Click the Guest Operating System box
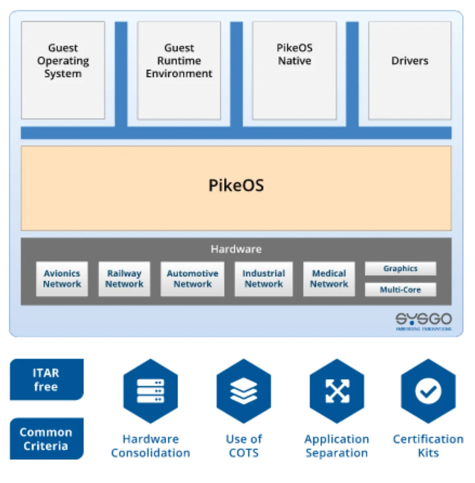[63, 70]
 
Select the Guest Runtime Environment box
[179, 70]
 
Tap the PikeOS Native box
[294, 70]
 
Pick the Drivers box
[410, 70]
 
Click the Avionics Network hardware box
[62, 279]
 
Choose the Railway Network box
[124, 279]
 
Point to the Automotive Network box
[192, 279]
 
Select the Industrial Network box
[264, 279]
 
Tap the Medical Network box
[329, 279]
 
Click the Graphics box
[400, 268]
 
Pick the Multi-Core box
[400, 290]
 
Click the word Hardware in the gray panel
[236, 249]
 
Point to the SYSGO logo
[424, 321]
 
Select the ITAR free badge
[47, 380]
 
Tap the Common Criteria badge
[47, 439]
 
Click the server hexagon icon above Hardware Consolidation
[150, 391]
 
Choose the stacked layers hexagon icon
[244, 391]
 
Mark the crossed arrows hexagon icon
[337, 391]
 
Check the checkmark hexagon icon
[428, 391]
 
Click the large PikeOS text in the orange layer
[236, 186]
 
